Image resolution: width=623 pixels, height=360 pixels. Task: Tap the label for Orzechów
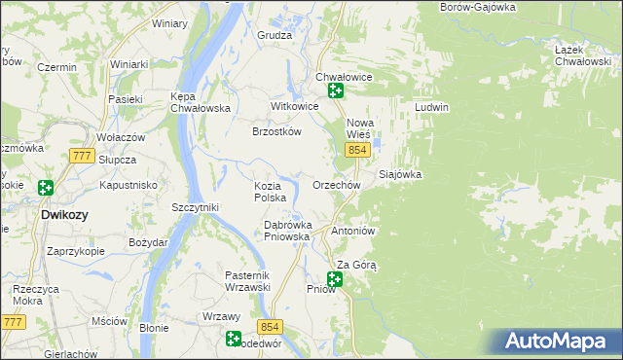337,185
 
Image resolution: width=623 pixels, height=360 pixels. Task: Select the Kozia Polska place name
270,191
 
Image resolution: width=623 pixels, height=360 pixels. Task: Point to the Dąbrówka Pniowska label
287,230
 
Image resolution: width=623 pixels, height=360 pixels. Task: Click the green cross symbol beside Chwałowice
336,91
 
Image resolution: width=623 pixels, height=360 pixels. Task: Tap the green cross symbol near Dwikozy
45,188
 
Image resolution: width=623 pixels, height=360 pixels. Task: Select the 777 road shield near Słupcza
82,156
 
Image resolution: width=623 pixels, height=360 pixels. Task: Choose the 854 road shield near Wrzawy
270,329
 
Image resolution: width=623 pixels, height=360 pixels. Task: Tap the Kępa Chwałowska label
199,102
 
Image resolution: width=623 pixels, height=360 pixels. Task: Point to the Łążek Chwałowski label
582,55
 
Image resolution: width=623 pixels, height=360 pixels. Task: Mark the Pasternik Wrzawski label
247,281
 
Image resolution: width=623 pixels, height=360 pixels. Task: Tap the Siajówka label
399,175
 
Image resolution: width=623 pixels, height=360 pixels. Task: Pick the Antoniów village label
353,232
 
